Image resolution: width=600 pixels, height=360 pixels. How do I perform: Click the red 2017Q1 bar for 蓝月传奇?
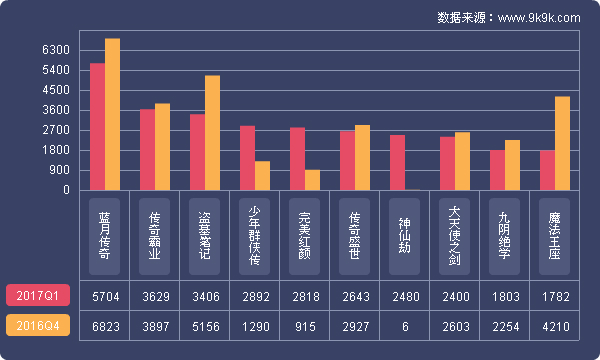pyautogui.click(x=97, y=127)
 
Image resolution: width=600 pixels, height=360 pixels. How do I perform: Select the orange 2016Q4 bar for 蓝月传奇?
pyautogui.click(x=113, y=114)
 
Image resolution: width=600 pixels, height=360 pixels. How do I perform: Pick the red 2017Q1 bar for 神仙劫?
pyautogui.click(x=397, y=162)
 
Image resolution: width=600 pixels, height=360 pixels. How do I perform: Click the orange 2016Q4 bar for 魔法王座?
pyautogui.click(x=562, y=143)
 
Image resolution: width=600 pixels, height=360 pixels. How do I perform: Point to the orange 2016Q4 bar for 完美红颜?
pyautogui.click(x=313, y=180)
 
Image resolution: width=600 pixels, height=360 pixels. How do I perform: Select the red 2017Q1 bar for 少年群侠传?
pyautogui.click(x=247, y=158)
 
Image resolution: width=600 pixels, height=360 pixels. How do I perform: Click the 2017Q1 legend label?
pyautogui.click(x=38, y=295)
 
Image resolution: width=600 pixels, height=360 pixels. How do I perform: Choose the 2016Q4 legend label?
pyautogui.click(x=38, y=326)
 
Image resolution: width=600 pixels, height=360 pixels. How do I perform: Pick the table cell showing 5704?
pyautogui.click(x=105, y=296)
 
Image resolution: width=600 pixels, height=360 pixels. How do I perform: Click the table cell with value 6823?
pyautogui.click(x=105, y=326)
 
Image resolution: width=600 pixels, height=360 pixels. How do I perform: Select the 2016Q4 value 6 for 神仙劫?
pyautogui.click(x=405, y=326)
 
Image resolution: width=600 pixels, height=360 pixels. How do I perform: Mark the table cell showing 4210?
pyautogui.click(x=555, y=326)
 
